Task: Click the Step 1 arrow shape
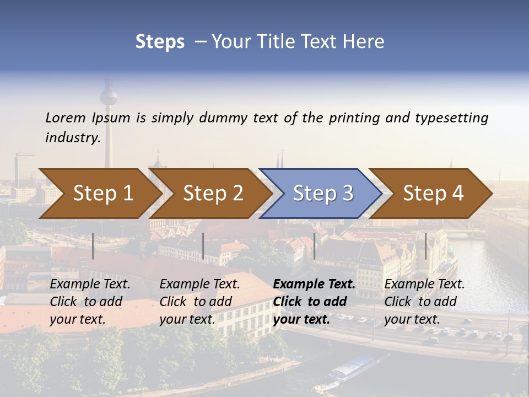point(99,194)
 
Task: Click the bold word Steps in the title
point(160,41)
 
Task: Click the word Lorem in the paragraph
point(65,117)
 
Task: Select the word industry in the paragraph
point(72,137)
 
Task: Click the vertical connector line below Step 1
point(93,246)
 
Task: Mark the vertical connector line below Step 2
point(203,246)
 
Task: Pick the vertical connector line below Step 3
point(314,246)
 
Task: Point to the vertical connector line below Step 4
point(425,246)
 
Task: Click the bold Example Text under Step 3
point(314,285)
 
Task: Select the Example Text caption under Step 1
point(90,285)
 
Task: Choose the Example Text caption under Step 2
point(199,285)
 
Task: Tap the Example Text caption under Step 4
point(424,285)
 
